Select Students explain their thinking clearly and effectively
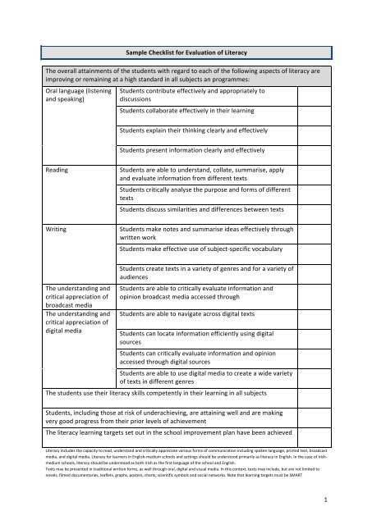pyautogui.click(x=195, y=130)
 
